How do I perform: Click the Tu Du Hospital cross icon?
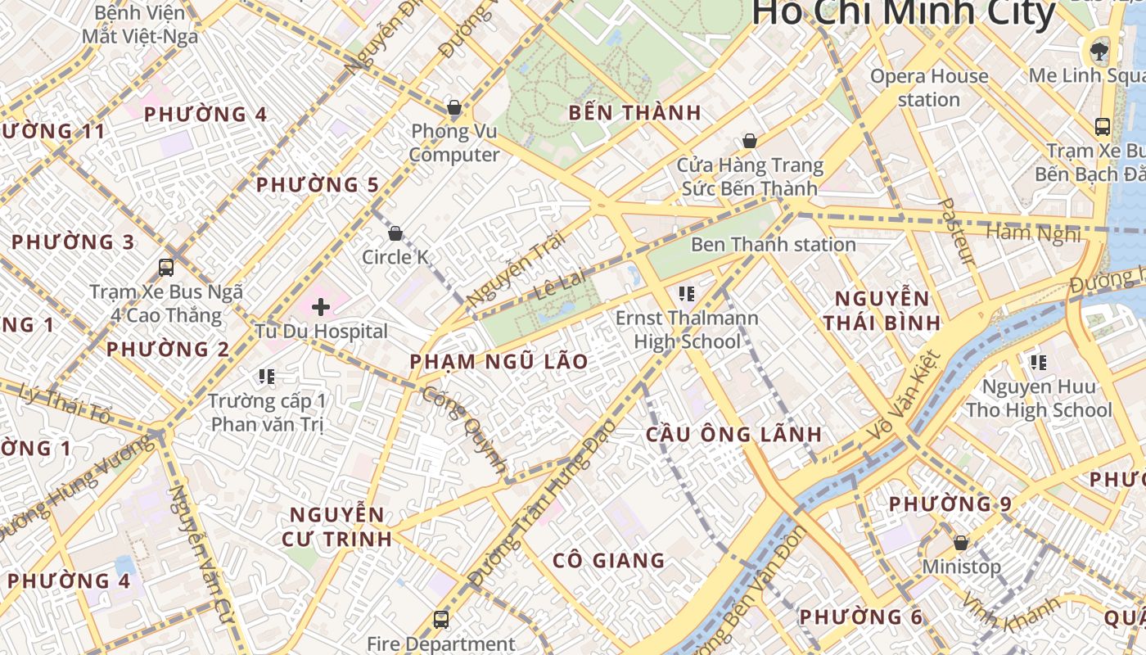click(321, 307)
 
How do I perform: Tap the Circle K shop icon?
click(395, 233)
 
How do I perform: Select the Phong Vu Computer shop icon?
click(453, 107)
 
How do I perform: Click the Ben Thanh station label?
click(774, 244)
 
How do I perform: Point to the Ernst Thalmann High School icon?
click(687, 293)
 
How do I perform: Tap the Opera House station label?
click(929, 88)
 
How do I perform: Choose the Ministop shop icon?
click(961, 542)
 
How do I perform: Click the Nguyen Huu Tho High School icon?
click(1039, 362)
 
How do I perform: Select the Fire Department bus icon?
click(441, 620)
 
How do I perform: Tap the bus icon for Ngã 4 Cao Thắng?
click(166, 267)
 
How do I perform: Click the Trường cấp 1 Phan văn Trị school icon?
click(267, 377)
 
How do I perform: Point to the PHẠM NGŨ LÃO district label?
click(499, 361)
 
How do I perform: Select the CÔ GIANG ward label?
click(608, 561)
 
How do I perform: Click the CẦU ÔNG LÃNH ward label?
click(733, 434)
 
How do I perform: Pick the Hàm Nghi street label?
click(1033, 233)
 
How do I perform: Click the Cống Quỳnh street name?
click(464, 429)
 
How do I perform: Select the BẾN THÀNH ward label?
click(635, 113)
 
